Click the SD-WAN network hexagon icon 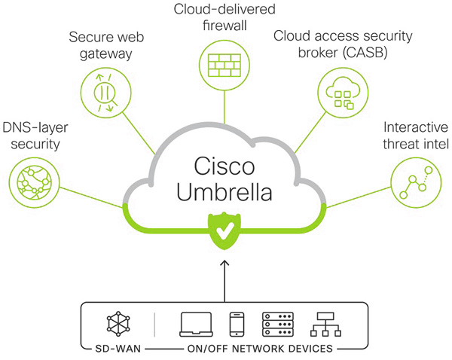118,324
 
